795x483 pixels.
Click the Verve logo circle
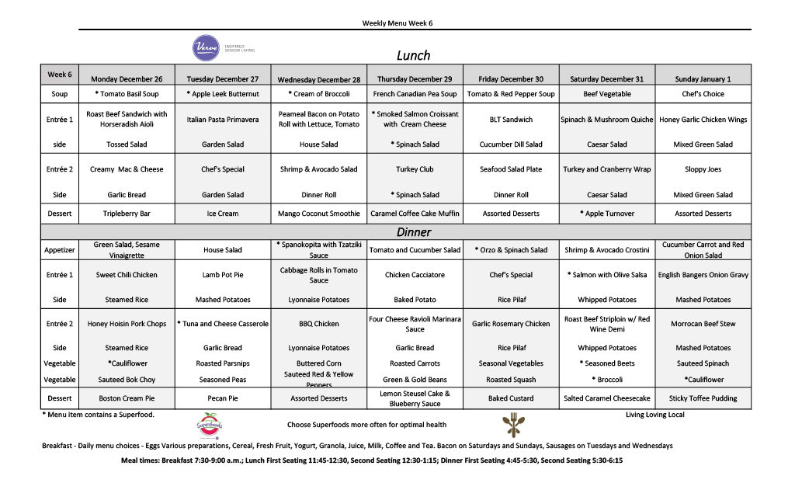point(206,48)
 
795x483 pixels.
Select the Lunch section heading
point(413,55)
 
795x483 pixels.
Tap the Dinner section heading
point(413,231)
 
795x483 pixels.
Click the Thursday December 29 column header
point(415,79)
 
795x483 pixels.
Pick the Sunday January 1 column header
point(703,79)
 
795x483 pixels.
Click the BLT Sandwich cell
point(511,120)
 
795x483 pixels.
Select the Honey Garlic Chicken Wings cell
point(703,120)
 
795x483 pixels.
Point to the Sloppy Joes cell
point(703,169)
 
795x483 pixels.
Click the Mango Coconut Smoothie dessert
point(319,214)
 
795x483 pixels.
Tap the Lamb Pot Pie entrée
point(223,275)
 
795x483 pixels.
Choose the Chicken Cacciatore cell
point(415,275)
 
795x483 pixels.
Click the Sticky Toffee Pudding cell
point(703,398)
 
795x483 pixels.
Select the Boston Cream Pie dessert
point(127,398)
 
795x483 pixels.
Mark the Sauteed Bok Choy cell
point(127,380)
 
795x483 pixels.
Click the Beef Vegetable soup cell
point(607,94)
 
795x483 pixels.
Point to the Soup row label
point(59,94)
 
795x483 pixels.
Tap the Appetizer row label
point(59,250)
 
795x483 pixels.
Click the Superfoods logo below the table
point(209,426)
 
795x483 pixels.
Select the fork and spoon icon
point(511,425)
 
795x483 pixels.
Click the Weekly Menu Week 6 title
point(397,23)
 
